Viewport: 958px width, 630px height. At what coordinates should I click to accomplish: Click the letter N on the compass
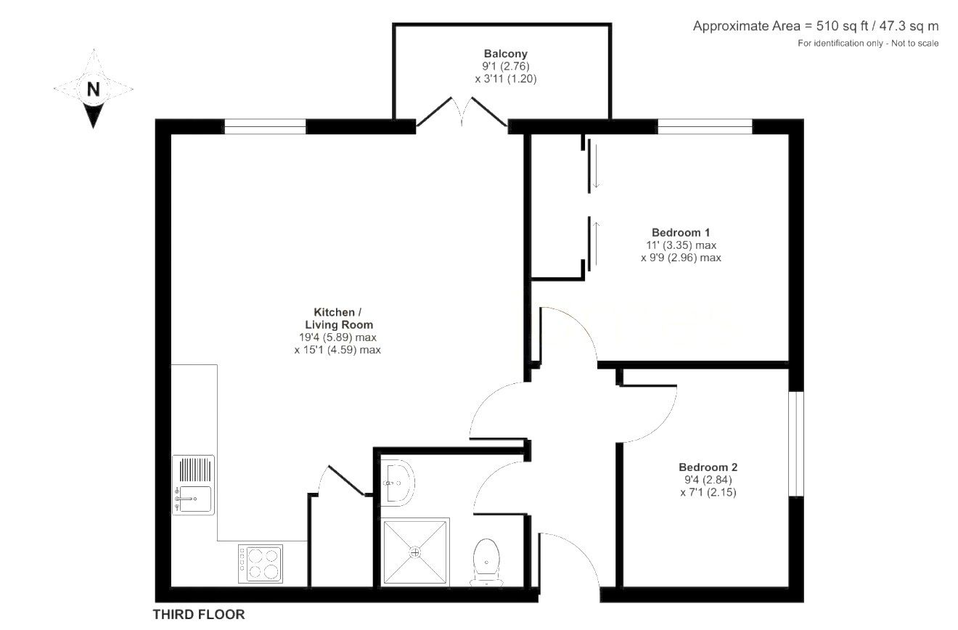click(x=93, y=89)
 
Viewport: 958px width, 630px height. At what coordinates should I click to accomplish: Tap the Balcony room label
click(x=506, y=54)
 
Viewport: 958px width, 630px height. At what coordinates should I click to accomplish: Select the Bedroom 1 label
click(x=681, y=233)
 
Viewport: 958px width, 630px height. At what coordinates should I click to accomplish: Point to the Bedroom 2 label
click(x=708, y=467)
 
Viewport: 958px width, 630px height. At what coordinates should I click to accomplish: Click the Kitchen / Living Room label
click(x=338, y=318)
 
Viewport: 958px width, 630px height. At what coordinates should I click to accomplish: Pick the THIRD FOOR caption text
click(x=199, y=615)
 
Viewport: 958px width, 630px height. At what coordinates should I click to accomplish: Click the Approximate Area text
click(x=816, y=26)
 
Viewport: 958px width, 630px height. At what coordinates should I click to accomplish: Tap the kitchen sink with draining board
click(x=193, y=485)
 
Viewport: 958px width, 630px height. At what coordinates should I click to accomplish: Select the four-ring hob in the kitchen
click(x=261, y=564)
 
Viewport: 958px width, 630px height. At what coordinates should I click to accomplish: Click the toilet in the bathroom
click(x=487, y=562)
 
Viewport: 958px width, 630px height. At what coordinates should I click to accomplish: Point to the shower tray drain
click(x=415, y=552)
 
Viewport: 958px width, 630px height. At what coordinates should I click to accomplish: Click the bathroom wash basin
click(x=397, y=483)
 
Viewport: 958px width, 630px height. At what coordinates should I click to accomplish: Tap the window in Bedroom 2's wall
click(x=796, y=443)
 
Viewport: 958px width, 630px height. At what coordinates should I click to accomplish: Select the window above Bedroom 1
click(x=705, y=126)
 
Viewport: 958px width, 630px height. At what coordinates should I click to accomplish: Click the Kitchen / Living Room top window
click(x=265, y=126)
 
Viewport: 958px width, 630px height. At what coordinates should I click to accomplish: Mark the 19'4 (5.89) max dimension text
click(x=338, y=337)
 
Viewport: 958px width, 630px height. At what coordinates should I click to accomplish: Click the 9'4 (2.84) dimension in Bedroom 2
click(x=708, y=480)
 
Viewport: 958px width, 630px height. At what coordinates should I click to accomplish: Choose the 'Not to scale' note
click(x=914, y=44)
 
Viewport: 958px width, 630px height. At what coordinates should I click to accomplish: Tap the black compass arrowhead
click(x=93, y=116)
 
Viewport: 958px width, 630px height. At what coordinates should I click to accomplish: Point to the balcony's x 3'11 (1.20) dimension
click(x=506, y=78)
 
